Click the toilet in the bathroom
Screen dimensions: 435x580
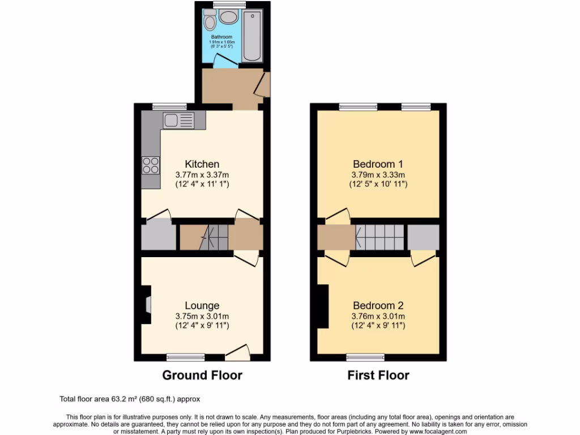tap(210, 22)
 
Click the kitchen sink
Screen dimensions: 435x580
tap(178, 120)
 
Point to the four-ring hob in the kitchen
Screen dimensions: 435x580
tap(151, 165)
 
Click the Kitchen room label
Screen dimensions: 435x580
tap(202, 164)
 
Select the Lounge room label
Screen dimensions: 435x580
tap(202, 306)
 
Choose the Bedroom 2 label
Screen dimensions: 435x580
tap(378, 306)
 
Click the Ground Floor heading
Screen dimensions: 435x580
tap(202, 375)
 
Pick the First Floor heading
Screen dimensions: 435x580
tap(378, 375)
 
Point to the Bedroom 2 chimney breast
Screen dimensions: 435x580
tap(323, 306)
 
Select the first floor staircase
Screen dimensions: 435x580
tap(380, 237)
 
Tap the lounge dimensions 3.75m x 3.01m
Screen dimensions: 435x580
tap(202, 317)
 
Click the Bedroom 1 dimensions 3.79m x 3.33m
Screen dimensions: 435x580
tap(378, 174)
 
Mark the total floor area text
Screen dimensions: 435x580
tap(130, 399)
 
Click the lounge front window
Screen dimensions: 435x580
tap(186, 357)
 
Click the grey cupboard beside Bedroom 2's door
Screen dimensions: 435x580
tap(423, 237)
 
